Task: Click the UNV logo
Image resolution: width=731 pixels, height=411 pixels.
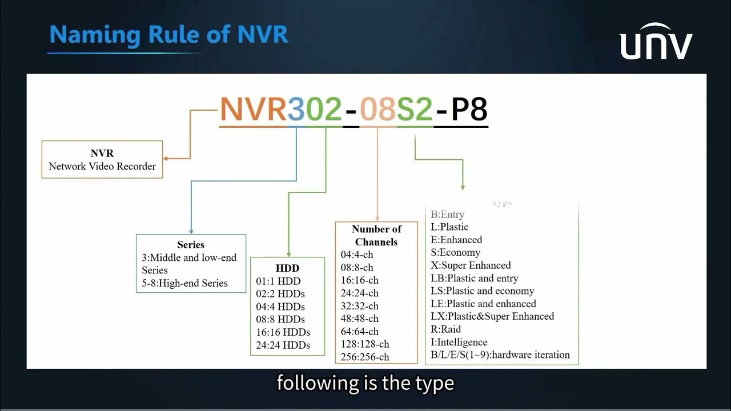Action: [x=656, y=42]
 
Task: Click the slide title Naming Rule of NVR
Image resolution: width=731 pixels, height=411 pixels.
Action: [x=168, y=35]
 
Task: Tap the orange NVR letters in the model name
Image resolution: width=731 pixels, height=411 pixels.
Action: [x=252, y=110]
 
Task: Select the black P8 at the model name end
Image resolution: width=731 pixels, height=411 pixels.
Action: [x=469, y=110]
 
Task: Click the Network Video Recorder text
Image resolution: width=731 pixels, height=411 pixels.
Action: [x=102, y=167]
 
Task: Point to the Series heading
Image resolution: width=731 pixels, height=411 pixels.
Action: [x=191, y=244]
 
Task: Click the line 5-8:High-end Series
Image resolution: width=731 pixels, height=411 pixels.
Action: [x=184, y=283]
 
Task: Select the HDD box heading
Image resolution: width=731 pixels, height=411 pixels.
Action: [x=287, y=268]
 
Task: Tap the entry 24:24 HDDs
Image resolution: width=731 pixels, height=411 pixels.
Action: [x=283, y=345]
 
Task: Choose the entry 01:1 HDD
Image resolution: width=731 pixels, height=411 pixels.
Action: [x=278, y=281]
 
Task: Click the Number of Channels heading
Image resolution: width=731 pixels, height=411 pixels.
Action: [x=376, y=235]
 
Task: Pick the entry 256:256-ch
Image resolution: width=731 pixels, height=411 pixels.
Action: [x=365, y=357]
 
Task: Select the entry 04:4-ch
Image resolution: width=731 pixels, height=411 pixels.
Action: [x=357, y=255]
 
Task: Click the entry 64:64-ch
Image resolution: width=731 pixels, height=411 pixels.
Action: [x=360, y=331]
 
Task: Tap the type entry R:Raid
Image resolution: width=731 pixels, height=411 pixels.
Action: [x=445, y=329]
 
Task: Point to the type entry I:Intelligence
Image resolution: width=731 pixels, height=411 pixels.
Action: [x=459, y=342]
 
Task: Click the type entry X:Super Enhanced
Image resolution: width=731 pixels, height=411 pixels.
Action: [x=471, y=265]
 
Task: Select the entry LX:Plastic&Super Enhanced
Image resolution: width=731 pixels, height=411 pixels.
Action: [x=492, y=316]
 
